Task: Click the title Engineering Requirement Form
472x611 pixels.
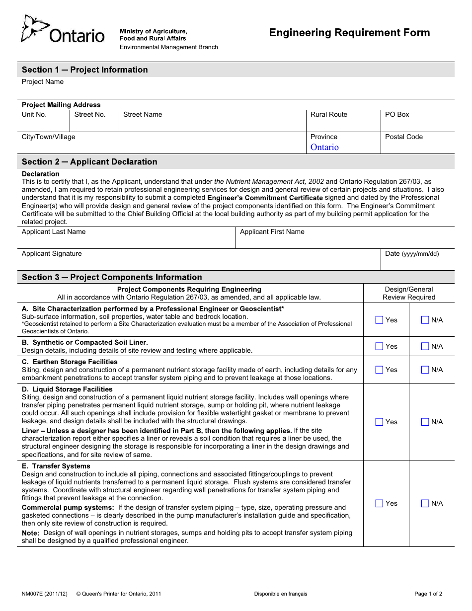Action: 349,33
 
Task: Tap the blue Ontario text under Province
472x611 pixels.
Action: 324,147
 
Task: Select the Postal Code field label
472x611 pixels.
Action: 404,137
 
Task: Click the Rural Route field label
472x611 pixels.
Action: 328,114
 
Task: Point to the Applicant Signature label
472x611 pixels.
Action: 52,253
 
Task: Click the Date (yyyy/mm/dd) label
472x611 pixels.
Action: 412,254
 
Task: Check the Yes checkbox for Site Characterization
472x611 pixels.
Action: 379,320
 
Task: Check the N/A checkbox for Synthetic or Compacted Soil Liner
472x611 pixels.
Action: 425,346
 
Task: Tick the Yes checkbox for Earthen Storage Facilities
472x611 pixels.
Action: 379,370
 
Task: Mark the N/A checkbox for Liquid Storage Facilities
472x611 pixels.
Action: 425,422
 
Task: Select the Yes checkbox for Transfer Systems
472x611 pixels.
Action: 379,503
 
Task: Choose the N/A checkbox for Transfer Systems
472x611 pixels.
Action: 425,503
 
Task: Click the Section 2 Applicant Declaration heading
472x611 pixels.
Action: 89,162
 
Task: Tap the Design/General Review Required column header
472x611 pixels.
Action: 409,293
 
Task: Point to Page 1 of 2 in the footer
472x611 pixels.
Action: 428,594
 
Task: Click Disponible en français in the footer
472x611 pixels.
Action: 281,594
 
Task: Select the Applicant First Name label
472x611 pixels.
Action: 272,231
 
